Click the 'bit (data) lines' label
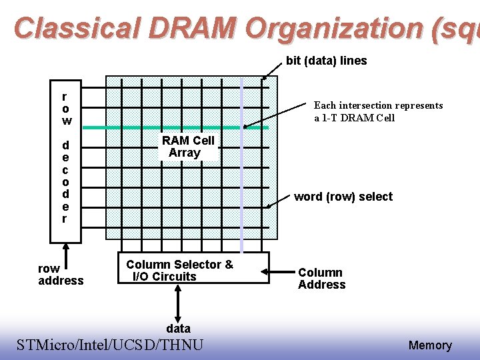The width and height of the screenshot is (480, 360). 326,61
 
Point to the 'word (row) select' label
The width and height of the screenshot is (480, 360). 343,197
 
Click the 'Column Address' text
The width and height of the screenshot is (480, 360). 321,279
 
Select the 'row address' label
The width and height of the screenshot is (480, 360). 61,275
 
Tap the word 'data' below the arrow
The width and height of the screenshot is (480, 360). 178,328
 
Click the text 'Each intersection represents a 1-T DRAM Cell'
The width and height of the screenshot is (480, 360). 378,111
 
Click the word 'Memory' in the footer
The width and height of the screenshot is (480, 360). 430,345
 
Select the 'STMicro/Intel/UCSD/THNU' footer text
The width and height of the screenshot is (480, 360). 110,345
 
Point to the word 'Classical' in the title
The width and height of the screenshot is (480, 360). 75,28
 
